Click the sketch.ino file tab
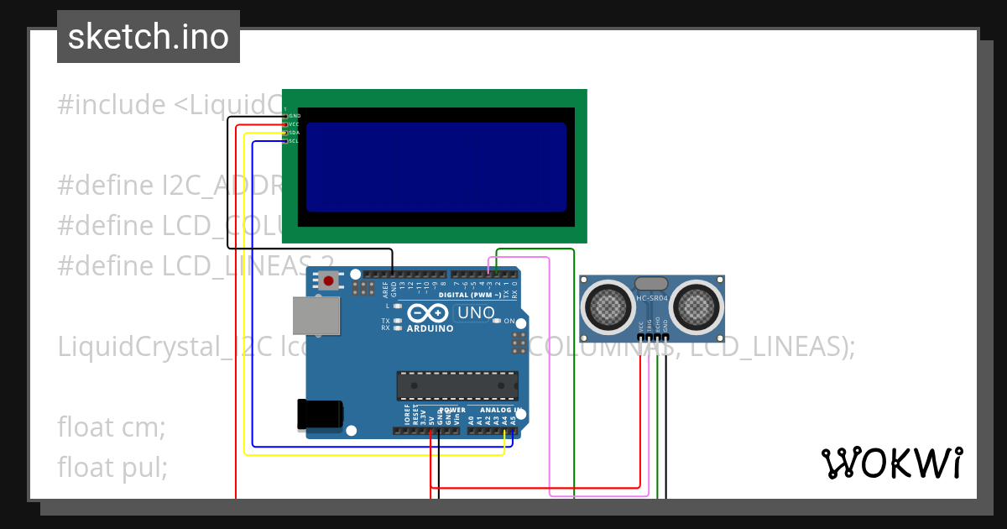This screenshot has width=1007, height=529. pos(148,37)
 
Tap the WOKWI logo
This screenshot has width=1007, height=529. pos(891,463)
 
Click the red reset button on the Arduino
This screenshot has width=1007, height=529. pos(329,280)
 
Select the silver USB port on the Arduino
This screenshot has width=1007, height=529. pos(316,315)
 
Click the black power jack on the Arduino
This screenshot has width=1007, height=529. pos(320,414)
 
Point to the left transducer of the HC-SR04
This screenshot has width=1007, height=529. pos(607,306)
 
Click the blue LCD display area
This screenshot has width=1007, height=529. pos(436,166)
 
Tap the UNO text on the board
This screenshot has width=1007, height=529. pos(476,313)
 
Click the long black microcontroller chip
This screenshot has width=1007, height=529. pos(457,385)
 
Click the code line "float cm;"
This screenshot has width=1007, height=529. pos(112,427)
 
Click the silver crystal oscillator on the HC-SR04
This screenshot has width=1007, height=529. pos(652,284)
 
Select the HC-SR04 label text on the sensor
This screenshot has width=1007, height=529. pos(651,298)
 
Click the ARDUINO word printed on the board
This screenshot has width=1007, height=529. pos(430,328)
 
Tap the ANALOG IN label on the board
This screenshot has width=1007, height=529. pos(501,410)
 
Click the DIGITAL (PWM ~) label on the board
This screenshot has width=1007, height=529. pos(470,295)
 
